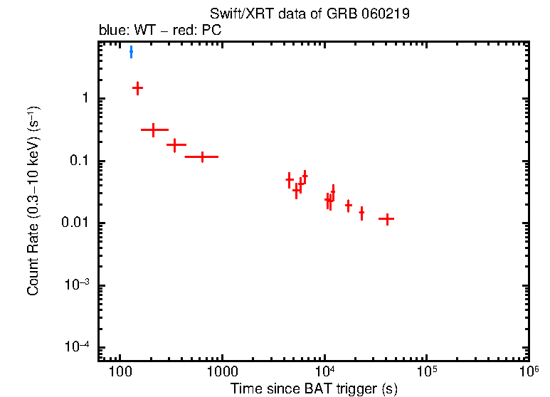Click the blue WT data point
pos(131,52)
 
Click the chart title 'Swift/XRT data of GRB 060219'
pos(310,14)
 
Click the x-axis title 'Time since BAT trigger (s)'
pos(314,388)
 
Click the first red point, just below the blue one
pos(138,88)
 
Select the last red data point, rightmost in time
pos(386,219)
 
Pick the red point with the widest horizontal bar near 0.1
pos(202,157)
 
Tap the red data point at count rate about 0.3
pos(153,130)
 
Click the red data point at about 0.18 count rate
pos(174,144)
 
